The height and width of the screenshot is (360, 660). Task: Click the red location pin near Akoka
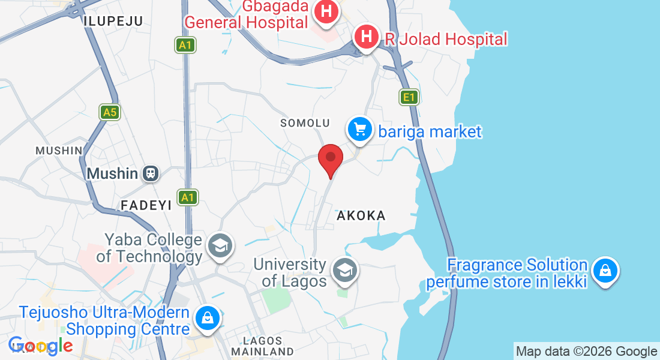[x=330, y=158]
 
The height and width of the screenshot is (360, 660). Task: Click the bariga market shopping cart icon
[x=359, y=129]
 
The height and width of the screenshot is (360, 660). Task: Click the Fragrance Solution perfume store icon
[x=605, y=271]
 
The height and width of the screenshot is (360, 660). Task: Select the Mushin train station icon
[x=150, y=173]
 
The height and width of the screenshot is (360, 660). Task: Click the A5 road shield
[x=109, y=112]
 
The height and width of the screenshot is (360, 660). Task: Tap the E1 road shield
[x=409, y=96]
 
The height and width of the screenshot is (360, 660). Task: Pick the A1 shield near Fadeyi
[x=188, y=197]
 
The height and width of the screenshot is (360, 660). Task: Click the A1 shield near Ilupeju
[x=187, y=44]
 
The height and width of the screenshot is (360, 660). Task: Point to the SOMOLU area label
[x=305, y=123]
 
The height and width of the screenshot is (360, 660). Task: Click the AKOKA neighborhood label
[x=361, y=215]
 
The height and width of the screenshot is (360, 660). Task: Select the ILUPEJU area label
[x=113, y=22]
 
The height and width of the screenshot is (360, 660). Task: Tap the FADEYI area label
[x=146, y=205]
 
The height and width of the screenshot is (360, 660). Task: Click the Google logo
[x=41, y=346]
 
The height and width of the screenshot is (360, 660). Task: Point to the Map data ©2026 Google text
[x=586, y=352]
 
